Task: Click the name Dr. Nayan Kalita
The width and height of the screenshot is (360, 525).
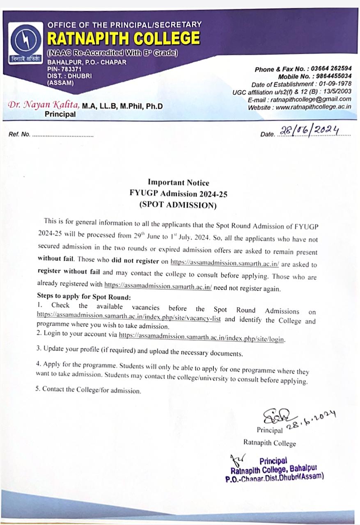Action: [44, 105]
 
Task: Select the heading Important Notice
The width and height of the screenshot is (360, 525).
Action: [178, 183]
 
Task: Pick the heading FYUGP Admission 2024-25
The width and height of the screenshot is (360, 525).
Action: [178, 194]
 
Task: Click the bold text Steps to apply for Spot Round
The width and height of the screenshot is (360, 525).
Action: [84, 296]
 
